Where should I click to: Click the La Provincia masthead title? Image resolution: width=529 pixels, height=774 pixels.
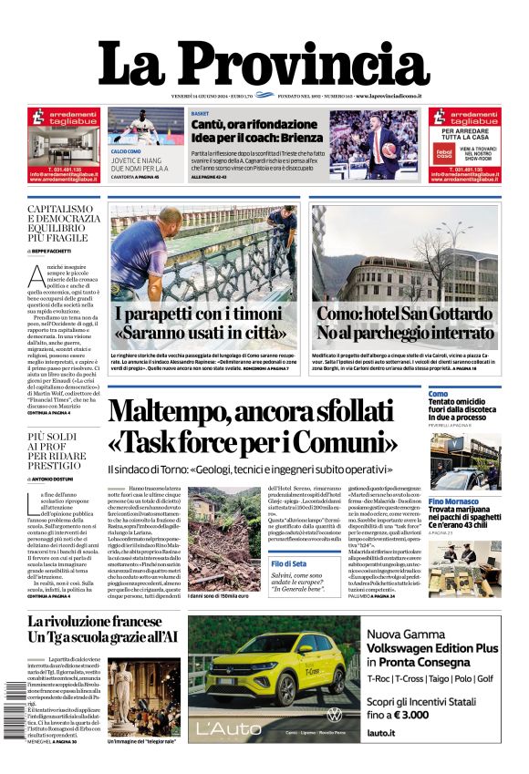pos(264,64)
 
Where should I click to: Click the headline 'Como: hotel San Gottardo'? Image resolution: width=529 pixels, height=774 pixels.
pos(406,315)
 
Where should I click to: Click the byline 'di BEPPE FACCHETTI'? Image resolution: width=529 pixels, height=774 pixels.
pos(57,250)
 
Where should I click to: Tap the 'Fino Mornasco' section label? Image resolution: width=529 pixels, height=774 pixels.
pos(454,502)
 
